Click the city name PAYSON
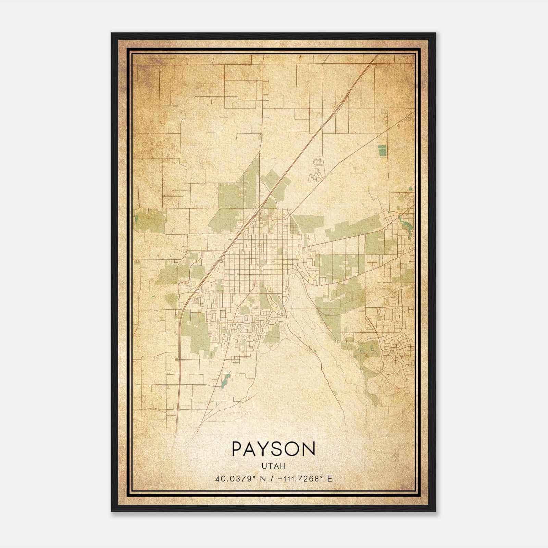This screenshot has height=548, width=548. click(x=273, y=448)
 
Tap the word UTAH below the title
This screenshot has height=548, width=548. click(x=273, y=466)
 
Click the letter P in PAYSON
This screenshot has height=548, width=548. click(x=238, y=448)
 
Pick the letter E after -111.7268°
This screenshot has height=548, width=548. click(x=329, y=479)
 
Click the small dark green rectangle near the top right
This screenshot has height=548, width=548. click(x=382, y=151)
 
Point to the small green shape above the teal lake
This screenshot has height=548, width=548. click(x=411, y=188)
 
